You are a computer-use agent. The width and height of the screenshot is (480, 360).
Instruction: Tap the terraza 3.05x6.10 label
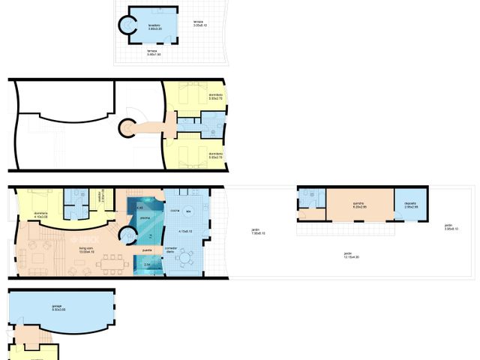pyautogui.click(x=199, y=23)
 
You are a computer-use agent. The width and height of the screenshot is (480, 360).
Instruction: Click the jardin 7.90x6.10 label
pyautogui.click(x=258, y=231)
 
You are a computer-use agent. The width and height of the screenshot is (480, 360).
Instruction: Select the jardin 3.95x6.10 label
pyautogui.click(x=448, y=227)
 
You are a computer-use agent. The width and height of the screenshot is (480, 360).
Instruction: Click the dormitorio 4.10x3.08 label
pyautogui.click(x=40, y=215)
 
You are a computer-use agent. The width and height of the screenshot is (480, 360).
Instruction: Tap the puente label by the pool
pyautogui.click(x=148, y=250)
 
